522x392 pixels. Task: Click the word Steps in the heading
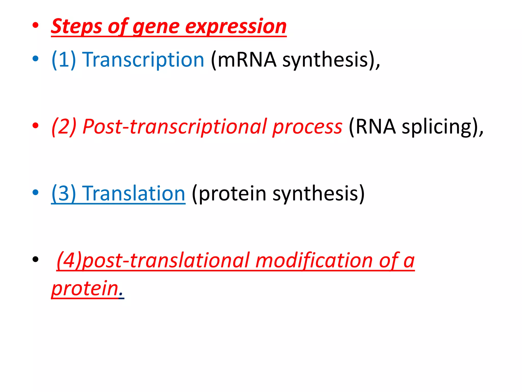76,27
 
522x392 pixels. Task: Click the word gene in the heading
156,27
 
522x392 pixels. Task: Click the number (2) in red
64,127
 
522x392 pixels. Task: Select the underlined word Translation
134,193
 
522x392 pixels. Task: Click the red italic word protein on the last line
85,289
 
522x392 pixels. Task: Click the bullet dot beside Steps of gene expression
35,25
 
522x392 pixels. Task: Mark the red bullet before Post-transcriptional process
35,126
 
